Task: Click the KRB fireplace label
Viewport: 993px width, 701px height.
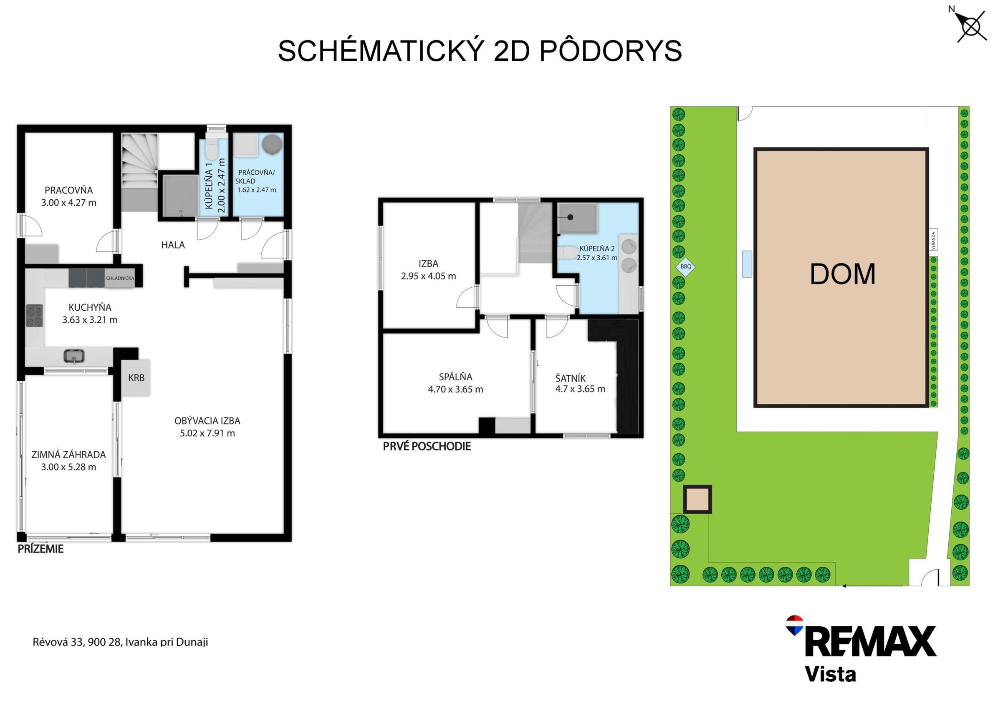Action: point(136,378)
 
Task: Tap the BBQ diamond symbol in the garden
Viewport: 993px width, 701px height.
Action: point(686,266)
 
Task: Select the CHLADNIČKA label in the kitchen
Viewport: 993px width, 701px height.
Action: point(120,278)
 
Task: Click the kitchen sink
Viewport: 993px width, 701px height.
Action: point(75,356)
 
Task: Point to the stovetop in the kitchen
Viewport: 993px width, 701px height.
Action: point(35,316)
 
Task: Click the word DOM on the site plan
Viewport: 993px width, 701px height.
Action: point(842,274)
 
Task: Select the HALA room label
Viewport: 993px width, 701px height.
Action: point(173,245)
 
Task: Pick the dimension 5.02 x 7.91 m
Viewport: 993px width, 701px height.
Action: point(207,433)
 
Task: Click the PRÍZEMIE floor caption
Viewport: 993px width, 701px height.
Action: point(40,549)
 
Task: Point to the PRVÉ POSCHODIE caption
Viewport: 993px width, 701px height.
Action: point(427,447)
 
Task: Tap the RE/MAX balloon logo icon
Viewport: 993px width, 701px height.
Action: point(794,626)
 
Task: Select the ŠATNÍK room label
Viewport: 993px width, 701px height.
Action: point(571,379)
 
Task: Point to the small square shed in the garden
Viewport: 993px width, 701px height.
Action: point(697,499)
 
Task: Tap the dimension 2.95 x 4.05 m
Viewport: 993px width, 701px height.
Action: point(428,276)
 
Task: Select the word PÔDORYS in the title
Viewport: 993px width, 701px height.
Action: point(610,51)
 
